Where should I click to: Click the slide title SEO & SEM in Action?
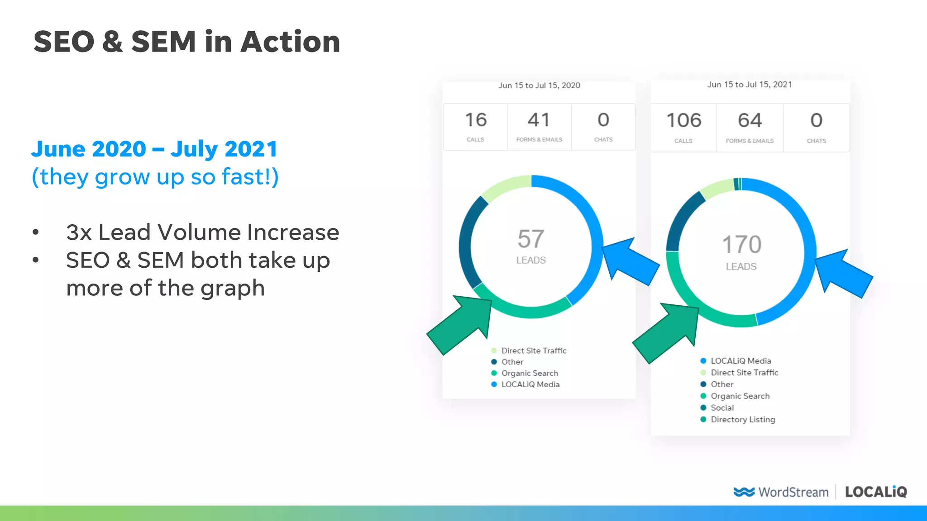186,42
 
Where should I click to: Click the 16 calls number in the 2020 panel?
475,120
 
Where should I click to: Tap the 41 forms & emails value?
539,120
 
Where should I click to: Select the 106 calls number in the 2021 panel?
683,121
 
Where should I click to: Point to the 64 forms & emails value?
750,121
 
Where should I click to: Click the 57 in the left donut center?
530,239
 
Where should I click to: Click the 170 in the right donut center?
741,245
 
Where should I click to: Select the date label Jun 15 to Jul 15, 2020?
539,85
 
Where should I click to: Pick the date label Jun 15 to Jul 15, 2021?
750,85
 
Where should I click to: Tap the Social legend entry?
722,407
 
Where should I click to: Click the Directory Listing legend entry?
742,419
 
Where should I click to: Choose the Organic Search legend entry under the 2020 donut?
529,373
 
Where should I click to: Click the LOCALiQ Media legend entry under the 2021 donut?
741,361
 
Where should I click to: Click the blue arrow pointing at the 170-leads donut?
844,274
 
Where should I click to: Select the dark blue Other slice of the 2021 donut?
681,217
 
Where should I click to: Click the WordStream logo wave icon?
744,492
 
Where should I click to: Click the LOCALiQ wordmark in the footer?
876,492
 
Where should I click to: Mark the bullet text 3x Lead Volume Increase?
202,232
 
